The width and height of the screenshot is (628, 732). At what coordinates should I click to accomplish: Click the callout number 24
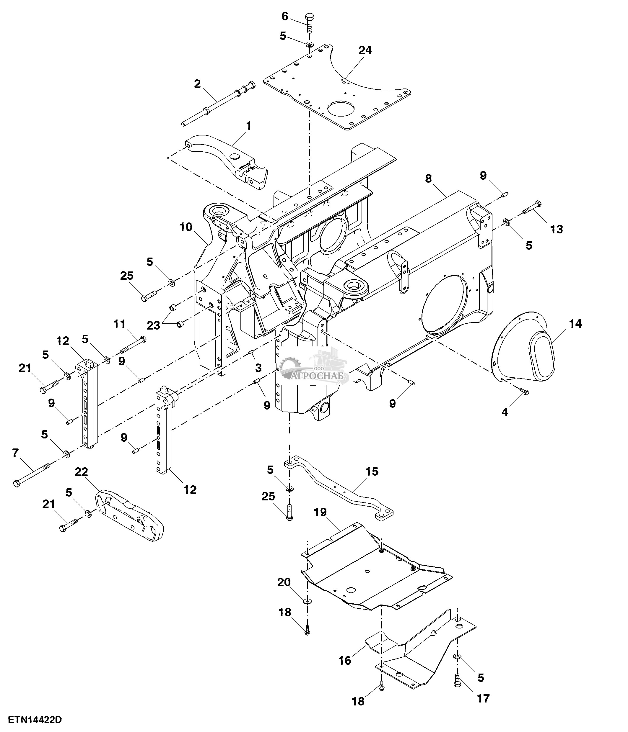coord(365,50)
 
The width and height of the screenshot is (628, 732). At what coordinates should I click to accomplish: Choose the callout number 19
coord(320,512)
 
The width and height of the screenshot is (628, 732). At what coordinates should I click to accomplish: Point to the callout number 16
coord(345,660)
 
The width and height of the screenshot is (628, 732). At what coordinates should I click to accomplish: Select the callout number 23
coord(154,325)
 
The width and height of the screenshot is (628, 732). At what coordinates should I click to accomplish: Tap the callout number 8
coord(428,179)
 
